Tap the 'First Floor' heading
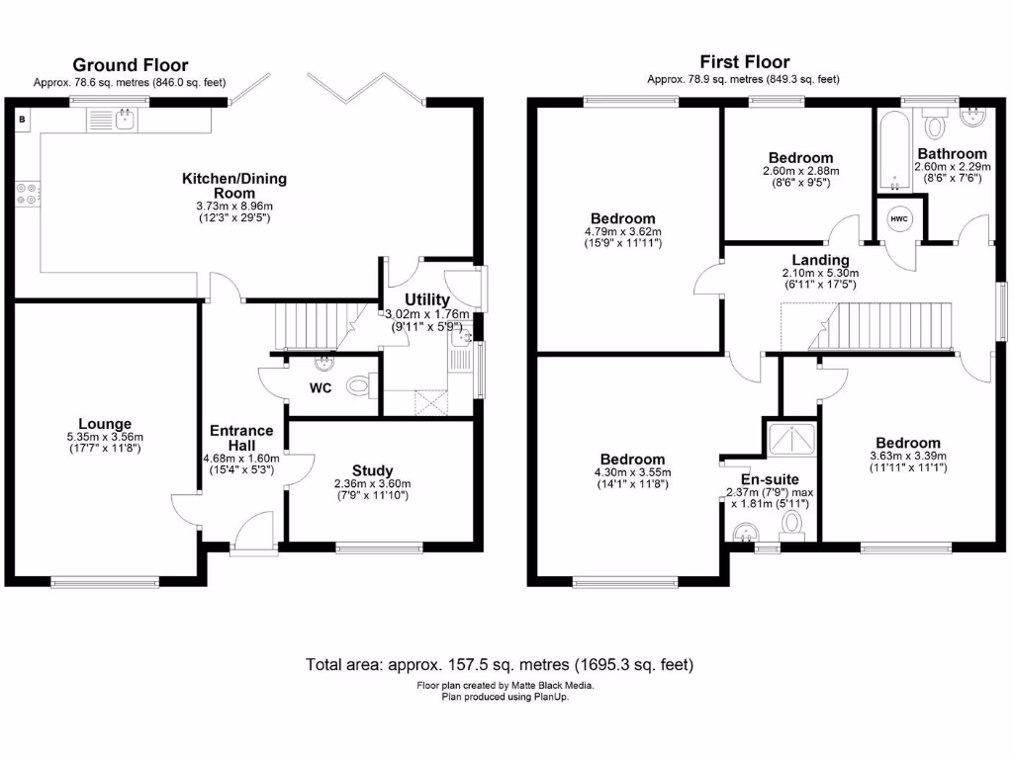[x=744, y=62]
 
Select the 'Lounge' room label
[x=107, y=424]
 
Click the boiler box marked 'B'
[x=22, y=120]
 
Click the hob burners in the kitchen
[x=27, y=194]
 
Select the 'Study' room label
[x=372, y=470]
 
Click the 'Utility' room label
[x=427, y=299]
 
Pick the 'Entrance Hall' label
[x=241, y=438]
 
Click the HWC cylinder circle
[x=899, y=218]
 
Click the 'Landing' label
[x=819, y=260]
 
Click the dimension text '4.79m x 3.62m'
[x=623, y=232]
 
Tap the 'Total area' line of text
[x=500, y=664]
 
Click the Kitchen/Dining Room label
[x=233, y=185]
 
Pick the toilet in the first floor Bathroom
[x=933, y=125]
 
